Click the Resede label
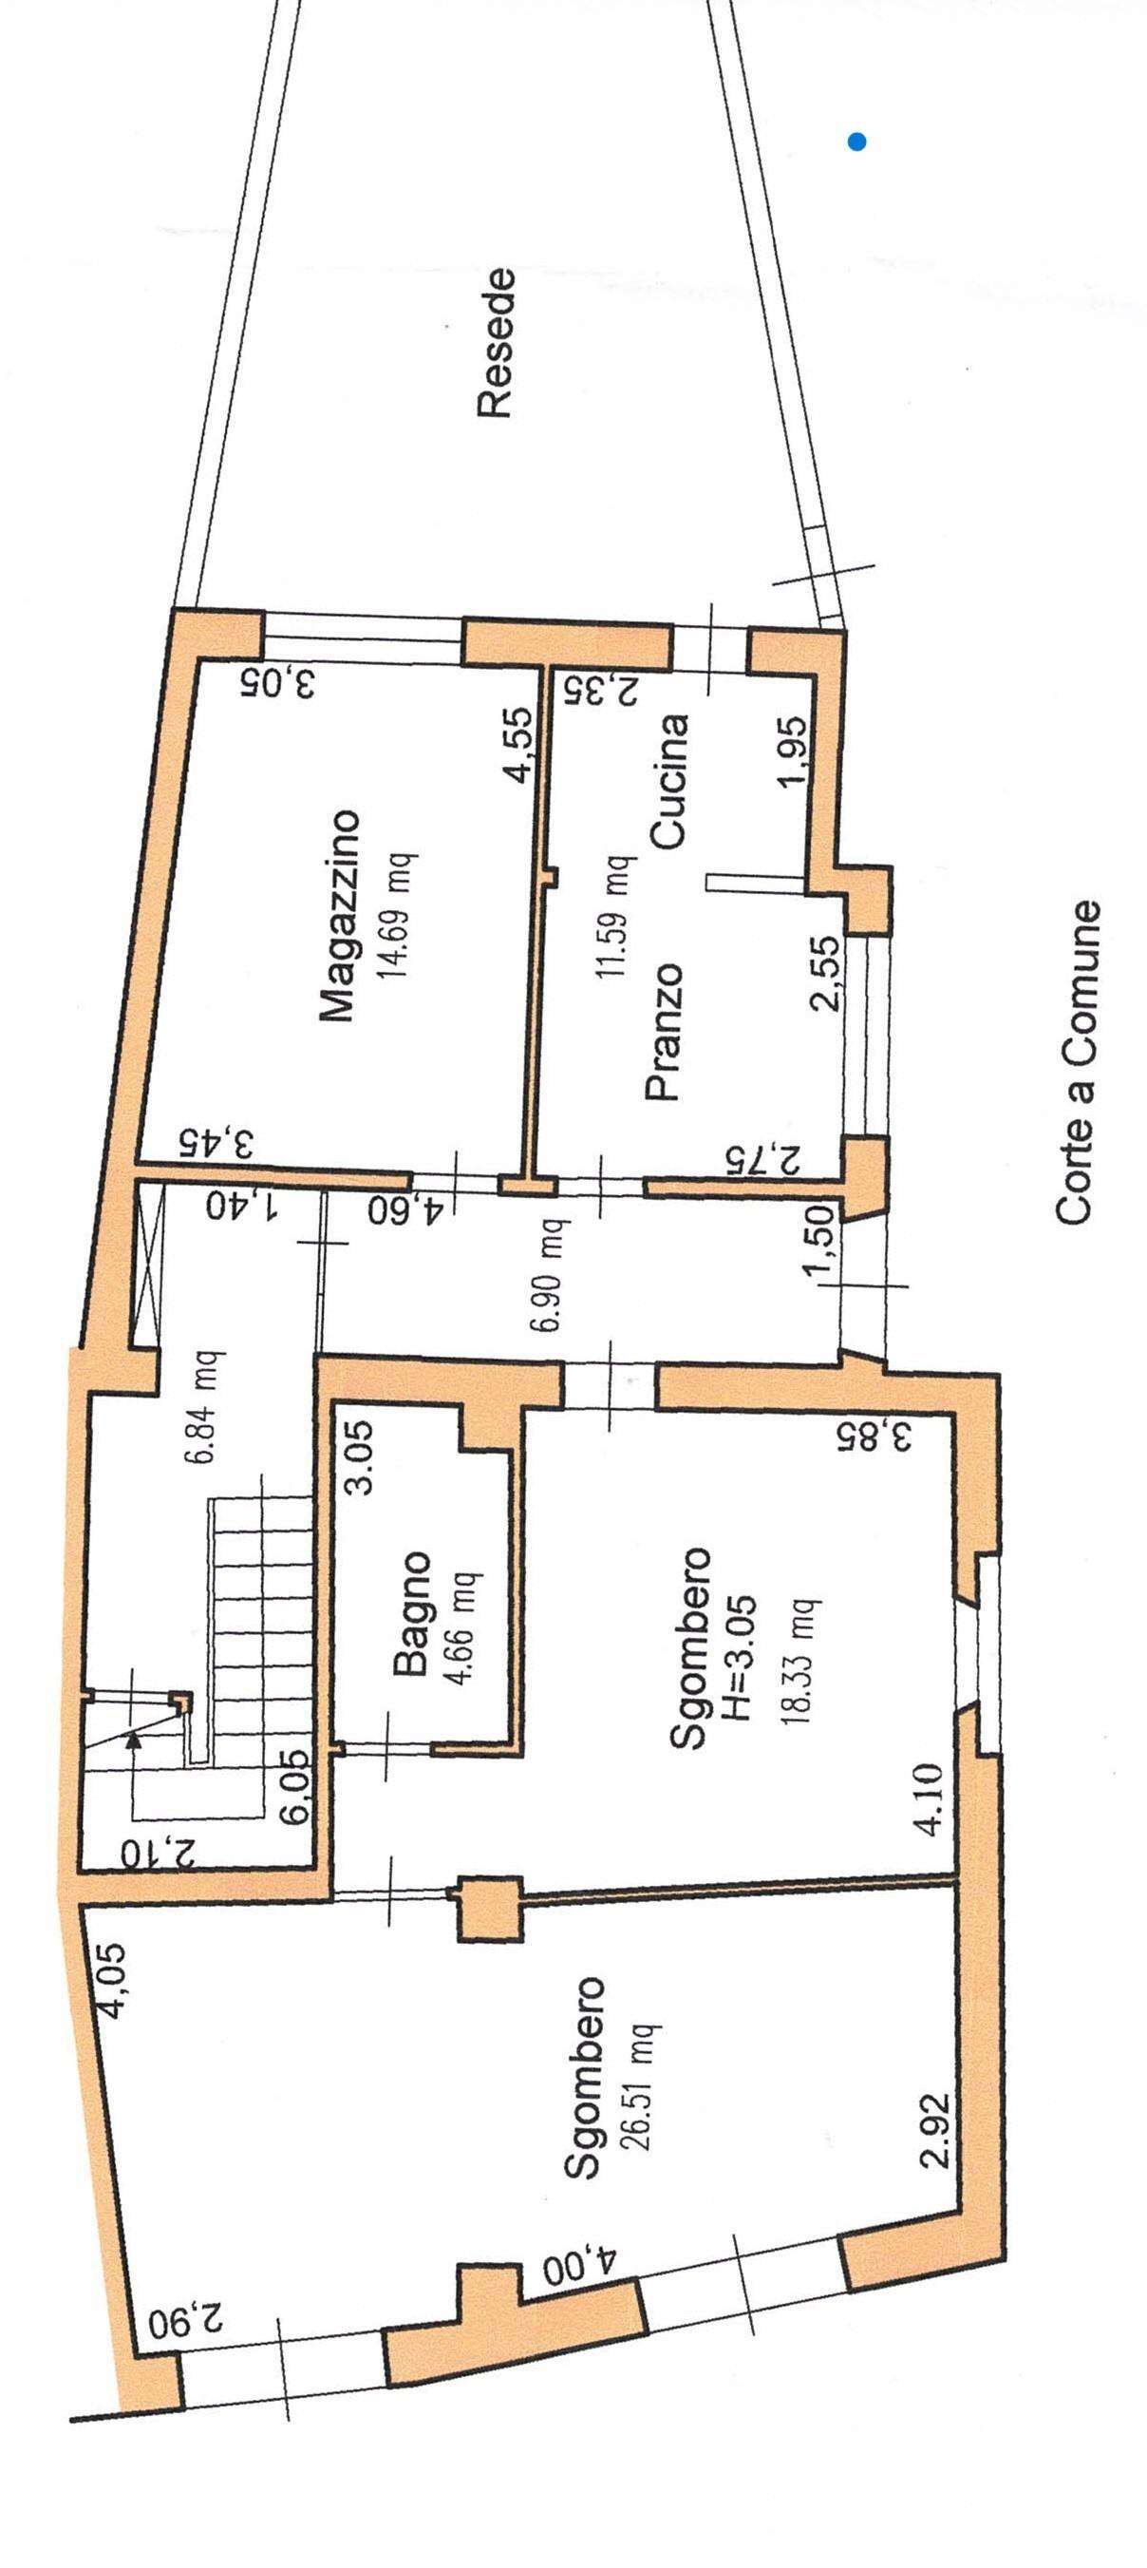tap(497, 342)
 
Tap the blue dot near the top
tap(856, 142)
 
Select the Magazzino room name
tap(338, 915)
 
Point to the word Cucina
tap(668, 781)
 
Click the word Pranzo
tap(666, 1032)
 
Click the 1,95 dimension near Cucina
tap(798, 752)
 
